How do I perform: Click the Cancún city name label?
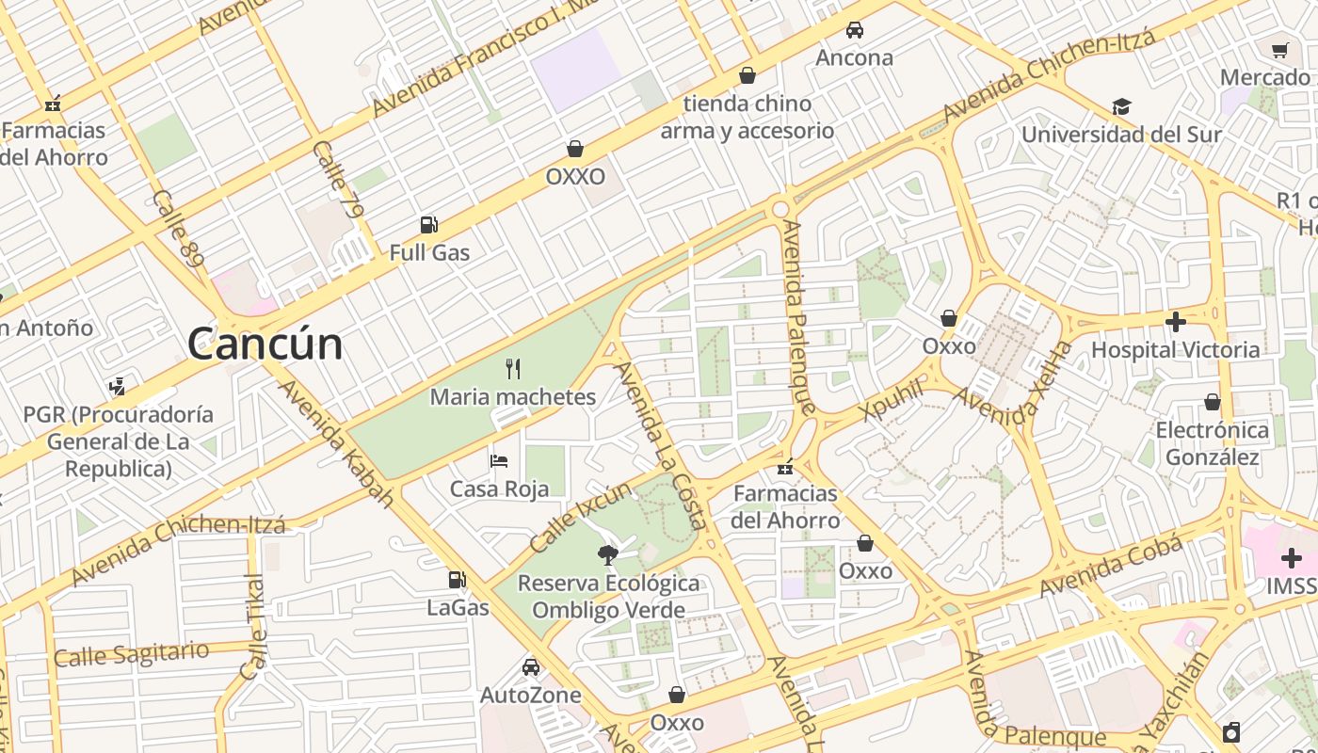coord(265,344)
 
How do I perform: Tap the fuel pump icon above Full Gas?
coord(428,224)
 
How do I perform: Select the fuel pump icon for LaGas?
coord(458,580)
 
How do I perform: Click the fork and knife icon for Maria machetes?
coord(513,368)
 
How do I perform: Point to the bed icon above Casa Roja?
coord(499,460)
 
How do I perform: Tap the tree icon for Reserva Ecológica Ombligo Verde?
coord(608,554)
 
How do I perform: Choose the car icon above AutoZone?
coord(531,667)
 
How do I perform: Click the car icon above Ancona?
coord(854,29)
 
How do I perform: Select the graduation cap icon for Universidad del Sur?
coord(1121,106)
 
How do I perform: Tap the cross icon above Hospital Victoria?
coord(1175,322)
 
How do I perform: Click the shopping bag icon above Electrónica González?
coord(1213,402)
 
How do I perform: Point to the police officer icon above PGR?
coord(118,386)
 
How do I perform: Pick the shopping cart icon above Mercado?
coord(1279,50)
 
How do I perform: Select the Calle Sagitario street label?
coord(131,653)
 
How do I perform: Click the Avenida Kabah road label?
coord(336,443)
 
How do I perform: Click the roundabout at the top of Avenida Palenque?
coord(780,208)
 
